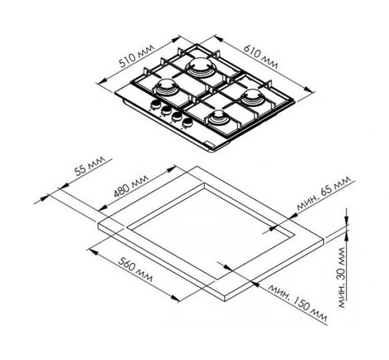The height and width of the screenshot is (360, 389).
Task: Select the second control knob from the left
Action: (x=165, y=110)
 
